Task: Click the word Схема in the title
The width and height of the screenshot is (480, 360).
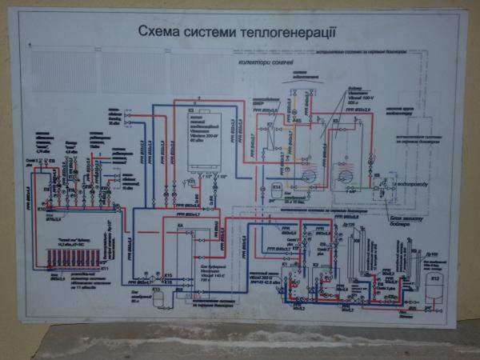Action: [x=158, y=31]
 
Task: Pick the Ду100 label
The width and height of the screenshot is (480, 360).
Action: [x=433, y=254]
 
